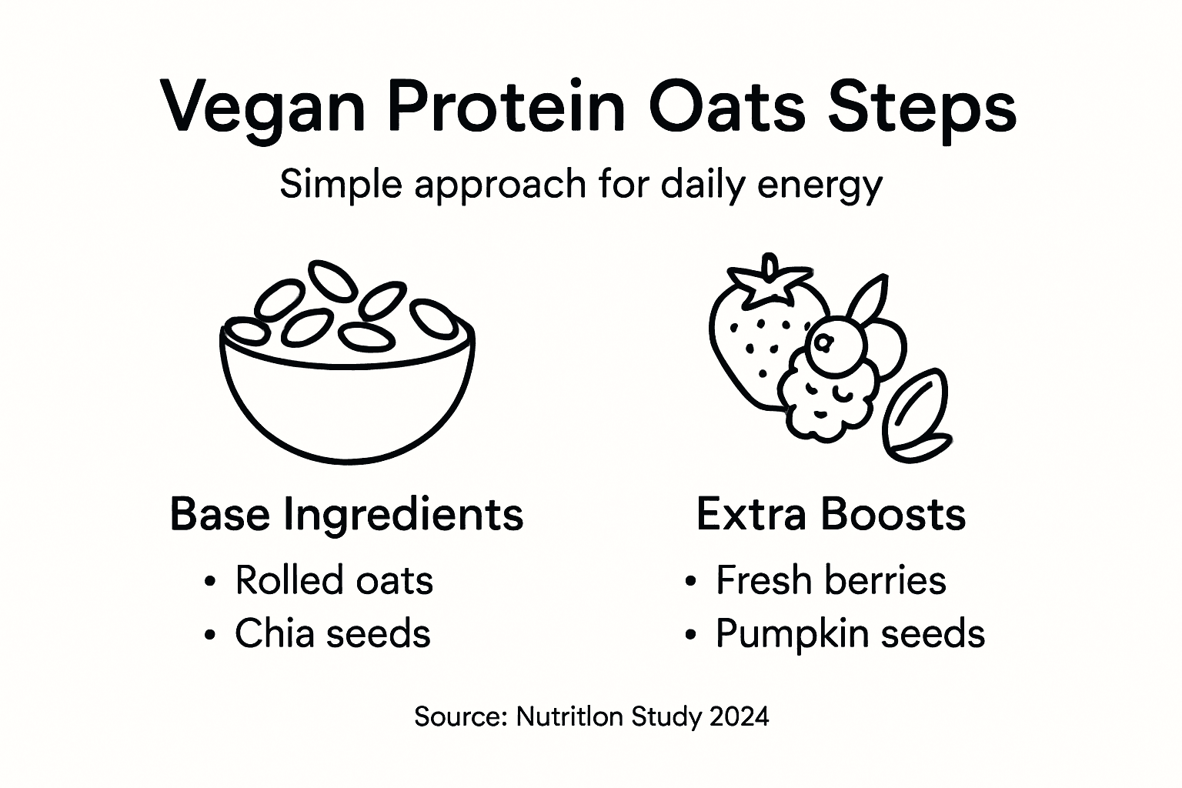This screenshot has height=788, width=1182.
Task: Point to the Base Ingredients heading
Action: pyautogui.click(x=346, y=514)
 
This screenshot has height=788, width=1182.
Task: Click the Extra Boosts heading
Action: pyautogui.click(x=830, y=514)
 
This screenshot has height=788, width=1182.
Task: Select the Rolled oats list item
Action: pyautogui.click(x=333, y=580)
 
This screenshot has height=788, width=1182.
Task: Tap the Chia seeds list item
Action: pyautogui.click(x=332, y=633)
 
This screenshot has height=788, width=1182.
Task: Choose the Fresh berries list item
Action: pyautogui.click(x=830, y=580)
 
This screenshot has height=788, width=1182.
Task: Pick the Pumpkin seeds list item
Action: pyautogui.click(x=850, y=633)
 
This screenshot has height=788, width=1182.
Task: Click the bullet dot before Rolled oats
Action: pyautogui.click(x=210, y=583)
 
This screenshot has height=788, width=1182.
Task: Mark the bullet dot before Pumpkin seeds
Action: pyautogui.click(x=690, y=636)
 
